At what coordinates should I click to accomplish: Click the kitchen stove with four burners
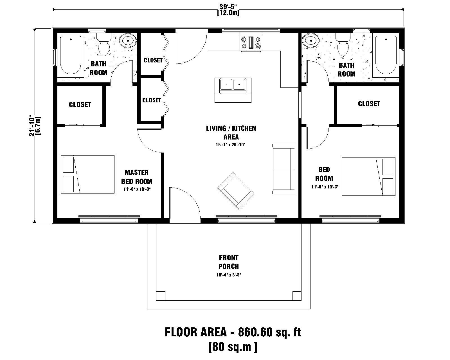pos(251,43)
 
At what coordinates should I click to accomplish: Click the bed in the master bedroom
pos(87,174)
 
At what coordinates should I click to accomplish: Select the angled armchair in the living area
pos(236,191)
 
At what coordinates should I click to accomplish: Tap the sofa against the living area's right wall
pos(283,169)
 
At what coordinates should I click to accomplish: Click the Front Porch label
pos(228,262)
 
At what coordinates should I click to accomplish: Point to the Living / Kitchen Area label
pos(231,132)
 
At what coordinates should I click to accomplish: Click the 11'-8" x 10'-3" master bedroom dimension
pos(137,189)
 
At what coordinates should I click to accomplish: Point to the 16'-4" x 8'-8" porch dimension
pos(228,275)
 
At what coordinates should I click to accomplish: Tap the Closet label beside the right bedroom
pos(369,104)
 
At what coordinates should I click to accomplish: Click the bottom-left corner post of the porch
pos(161,296)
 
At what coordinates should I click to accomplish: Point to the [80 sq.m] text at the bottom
pos(233,347)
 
